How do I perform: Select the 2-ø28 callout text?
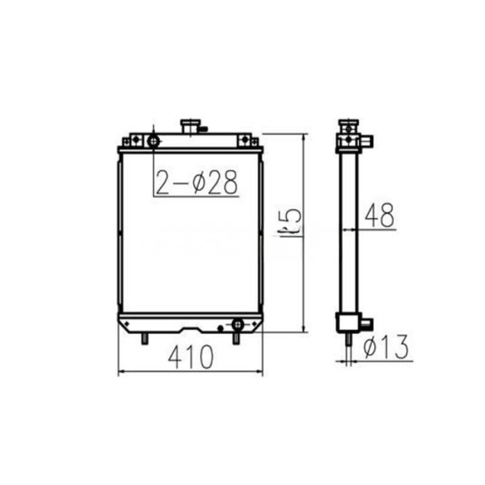[196, 182]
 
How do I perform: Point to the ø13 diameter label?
[386, 346]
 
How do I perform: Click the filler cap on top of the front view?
[190, 127]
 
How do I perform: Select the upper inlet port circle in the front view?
[153, 141]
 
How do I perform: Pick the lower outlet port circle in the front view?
[238, 324]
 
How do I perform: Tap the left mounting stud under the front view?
[145, 339]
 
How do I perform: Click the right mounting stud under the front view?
[236, 339]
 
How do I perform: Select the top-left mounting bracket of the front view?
[133, 141]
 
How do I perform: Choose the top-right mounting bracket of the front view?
[246, 141]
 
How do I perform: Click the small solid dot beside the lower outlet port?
[220, 327]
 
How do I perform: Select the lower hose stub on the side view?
[365, 323]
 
